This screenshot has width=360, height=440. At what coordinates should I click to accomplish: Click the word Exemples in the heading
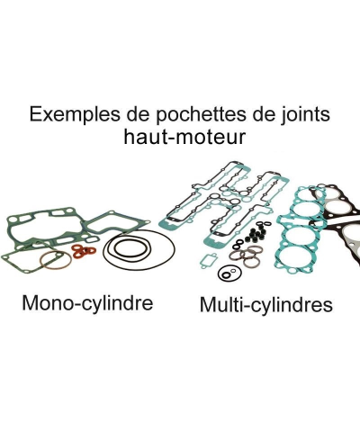click(x=68, y=115)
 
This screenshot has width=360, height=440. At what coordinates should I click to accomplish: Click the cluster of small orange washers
click(x=84, y=249)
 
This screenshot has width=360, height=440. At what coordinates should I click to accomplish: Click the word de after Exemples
click(x=133, y=115)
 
